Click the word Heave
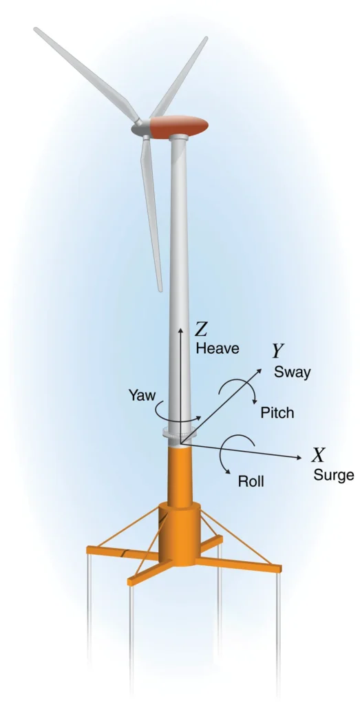pos(218,348)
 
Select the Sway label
pos(292,372)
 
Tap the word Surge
pos(333,475)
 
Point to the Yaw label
pos(142,396)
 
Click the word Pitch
pos(277,413)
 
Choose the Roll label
pos(251,481)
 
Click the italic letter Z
pos(200,330)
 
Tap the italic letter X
pos(319,456)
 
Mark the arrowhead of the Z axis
pos(180,330)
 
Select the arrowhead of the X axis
pos(299,458)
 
